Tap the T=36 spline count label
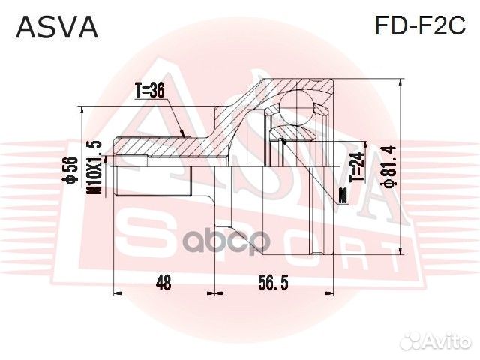(149, 91)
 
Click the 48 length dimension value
(164, 283)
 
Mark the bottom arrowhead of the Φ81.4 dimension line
(403, 253)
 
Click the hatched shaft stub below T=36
(135, 160)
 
